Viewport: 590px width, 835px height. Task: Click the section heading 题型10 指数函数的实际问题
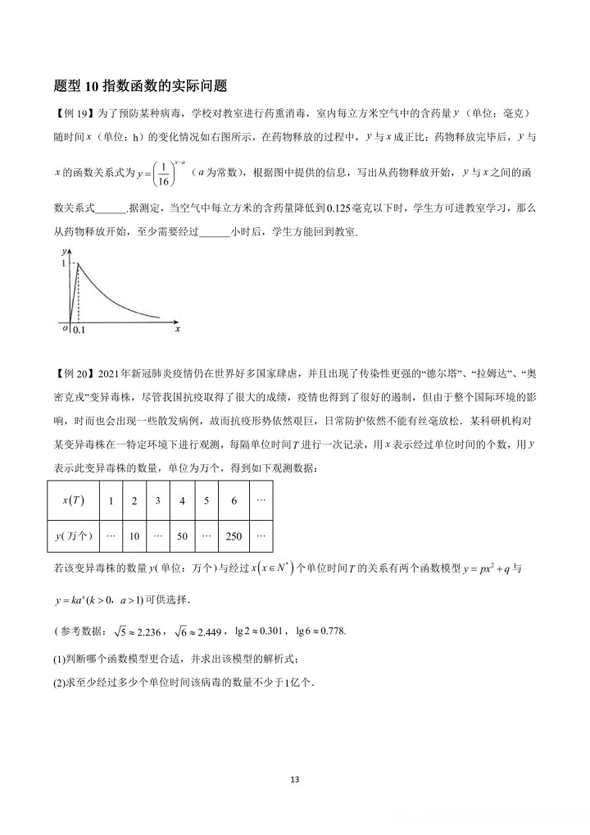coord(138,85)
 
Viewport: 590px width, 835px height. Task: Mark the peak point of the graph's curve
coord(78,263)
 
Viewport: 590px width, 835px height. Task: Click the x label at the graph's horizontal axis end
coord(178,327)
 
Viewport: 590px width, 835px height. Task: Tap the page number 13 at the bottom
coord(295,779)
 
